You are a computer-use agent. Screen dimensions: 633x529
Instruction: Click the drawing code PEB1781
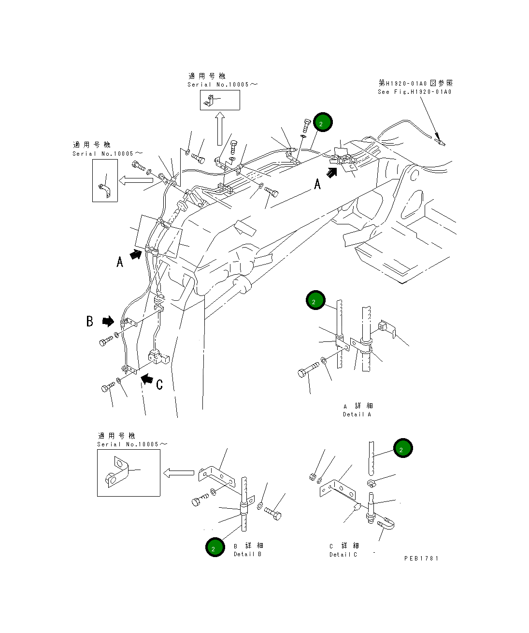[421, 558]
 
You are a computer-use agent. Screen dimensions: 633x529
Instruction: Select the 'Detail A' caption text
[357, 414]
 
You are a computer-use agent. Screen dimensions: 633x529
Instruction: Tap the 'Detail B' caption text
[247, 554]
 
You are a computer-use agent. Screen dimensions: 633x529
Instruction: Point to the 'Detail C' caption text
[343, 555]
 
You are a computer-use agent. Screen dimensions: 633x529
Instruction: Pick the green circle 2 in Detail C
[402, 448]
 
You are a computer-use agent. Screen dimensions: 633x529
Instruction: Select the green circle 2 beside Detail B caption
[214, 547]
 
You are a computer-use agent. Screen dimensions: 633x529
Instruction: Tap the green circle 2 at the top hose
[322, 122]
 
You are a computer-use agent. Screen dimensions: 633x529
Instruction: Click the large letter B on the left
[90, 321]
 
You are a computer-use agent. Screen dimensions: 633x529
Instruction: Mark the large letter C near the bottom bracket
[159, 384]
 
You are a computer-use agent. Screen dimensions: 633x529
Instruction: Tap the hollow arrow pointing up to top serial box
[219, 129]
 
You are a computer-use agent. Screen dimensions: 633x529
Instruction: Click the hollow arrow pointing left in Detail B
[179, 473]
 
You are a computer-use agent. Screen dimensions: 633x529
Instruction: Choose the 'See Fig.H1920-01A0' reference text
[415, 92]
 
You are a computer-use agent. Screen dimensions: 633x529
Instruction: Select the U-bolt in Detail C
[387, 524]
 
